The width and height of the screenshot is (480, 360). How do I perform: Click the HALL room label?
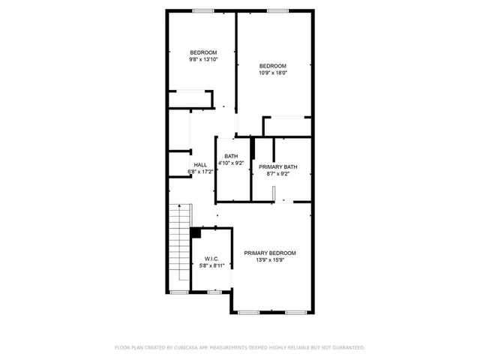point(200,165)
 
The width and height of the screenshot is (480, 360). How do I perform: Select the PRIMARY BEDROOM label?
point(270,253)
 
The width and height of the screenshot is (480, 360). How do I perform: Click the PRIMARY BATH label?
point(278,166)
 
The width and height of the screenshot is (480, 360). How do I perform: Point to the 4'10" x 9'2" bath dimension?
point(230,163)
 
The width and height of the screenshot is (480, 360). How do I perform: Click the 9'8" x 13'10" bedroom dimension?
point(203,59)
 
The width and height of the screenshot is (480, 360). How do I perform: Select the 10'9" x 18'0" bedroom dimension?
point(274,73)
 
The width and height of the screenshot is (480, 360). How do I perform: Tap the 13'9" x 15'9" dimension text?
point(270,260)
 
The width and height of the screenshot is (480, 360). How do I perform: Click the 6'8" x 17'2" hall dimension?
point(200,172)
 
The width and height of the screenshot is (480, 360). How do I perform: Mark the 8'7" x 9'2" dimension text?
point(278,174)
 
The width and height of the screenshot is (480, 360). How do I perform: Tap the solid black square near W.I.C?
point(195,233)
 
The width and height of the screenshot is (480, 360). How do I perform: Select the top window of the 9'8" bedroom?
point(202,10)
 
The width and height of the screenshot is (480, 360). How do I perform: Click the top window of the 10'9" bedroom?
point(278,10)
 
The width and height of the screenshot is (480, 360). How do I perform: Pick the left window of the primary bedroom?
point(250,312)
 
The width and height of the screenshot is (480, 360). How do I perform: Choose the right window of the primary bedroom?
point(296,312)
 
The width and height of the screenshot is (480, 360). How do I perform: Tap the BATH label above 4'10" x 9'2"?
point(230,156)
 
